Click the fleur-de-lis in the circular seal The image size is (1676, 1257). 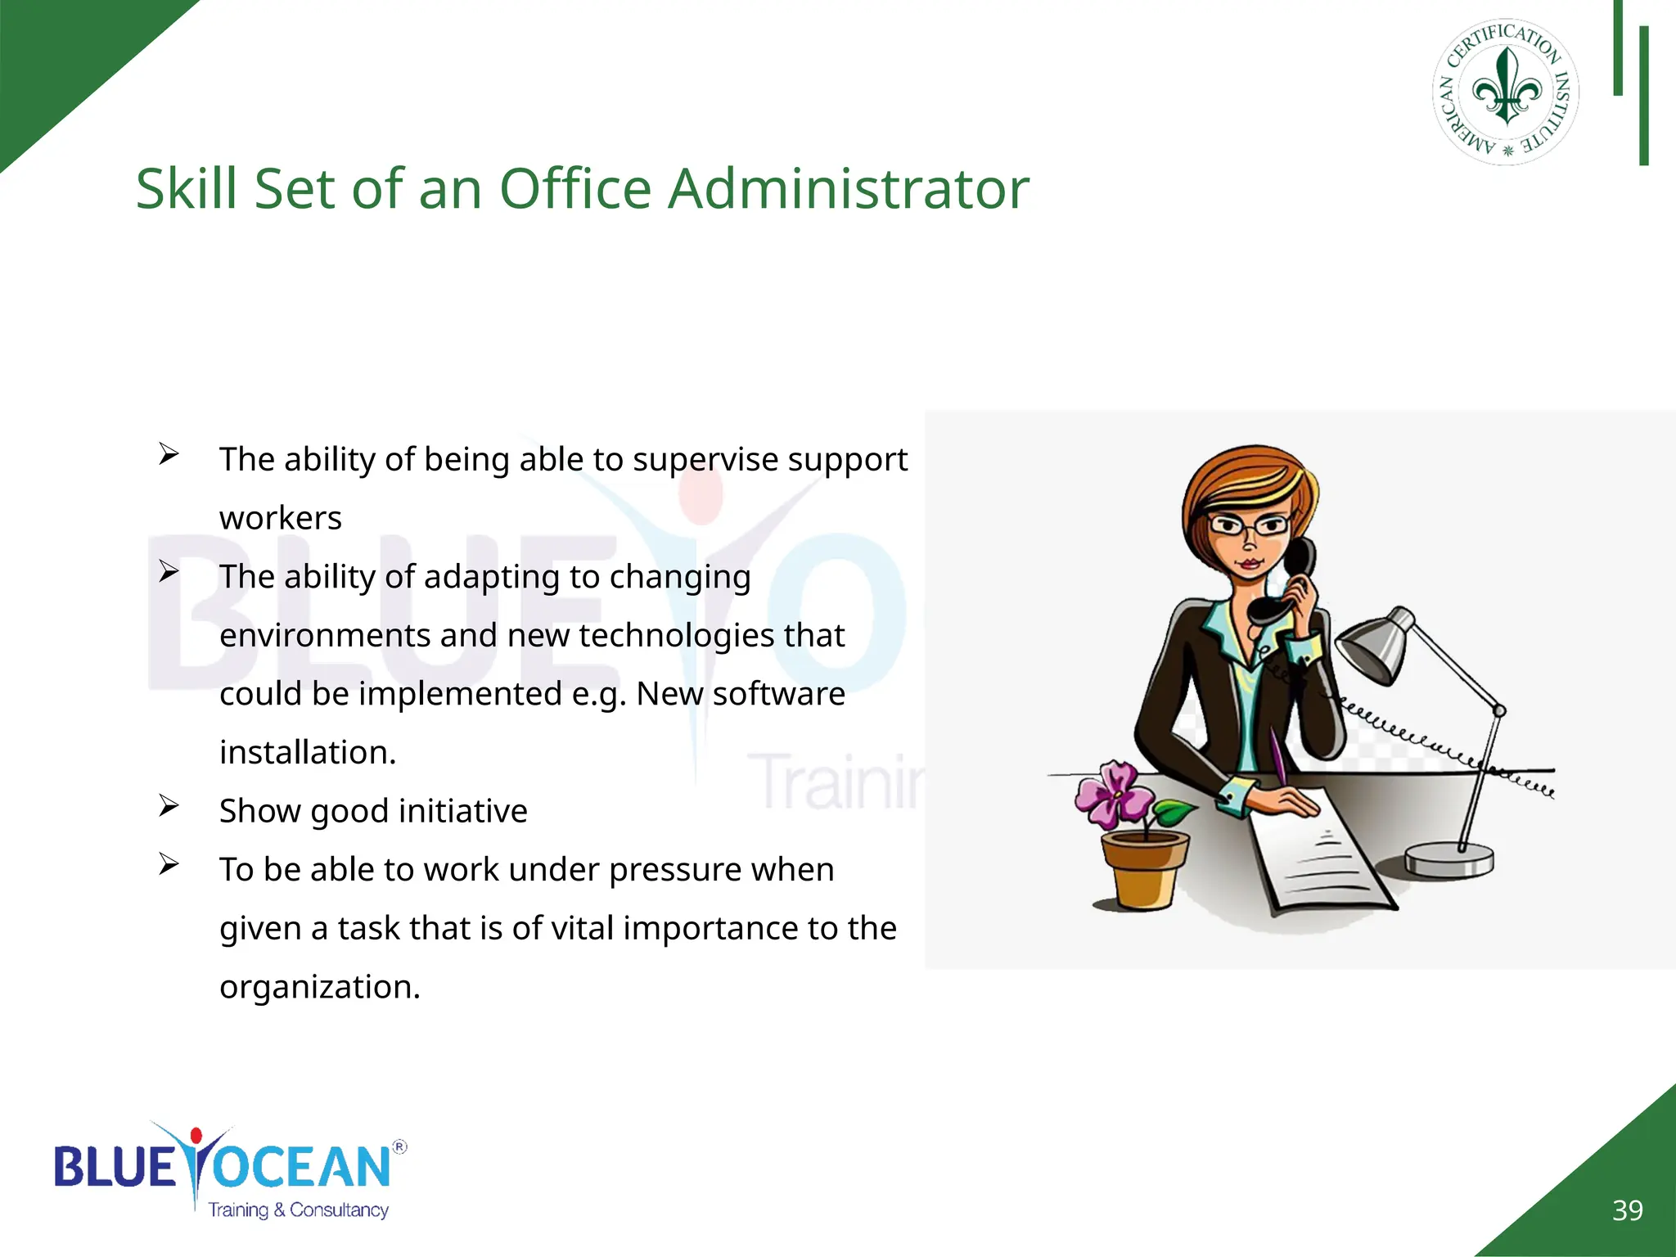tap(1507, 88)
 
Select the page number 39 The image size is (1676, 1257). tap(1627, 1210)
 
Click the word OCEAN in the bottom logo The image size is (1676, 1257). tap(303, 1166)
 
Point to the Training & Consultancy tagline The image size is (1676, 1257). tap(298, 1210)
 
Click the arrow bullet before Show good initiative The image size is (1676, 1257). tap(169, 807)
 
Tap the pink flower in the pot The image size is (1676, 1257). tap(1113, 791)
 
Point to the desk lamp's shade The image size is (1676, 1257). tap(1376, 647)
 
